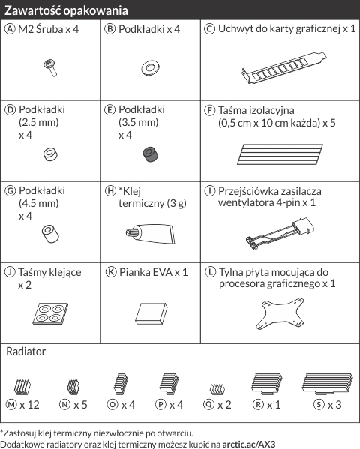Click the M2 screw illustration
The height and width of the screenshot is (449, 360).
pos(50,68)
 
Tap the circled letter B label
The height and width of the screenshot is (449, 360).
pos(109,29)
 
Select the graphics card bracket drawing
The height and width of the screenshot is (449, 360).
pos(284,68)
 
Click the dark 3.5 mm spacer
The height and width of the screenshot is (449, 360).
pos(151,154)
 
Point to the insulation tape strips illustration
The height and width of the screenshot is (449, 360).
pos(280,154)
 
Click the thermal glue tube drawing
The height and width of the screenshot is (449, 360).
pos(150,233)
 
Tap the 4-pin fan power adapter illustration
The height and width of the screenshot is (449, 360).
pos(280,233)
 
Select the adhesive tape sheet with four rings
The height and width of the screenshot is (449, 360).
pos(50,313)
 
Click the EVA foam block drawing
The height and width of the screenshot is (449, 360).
pos(151,314)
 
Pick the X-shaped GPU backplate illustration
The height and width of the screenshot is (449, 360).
pos(280,314)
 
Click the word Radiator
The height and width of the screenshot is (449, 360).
pos(25,352)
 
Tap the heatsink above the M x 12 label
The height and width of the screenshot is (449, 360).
pos(22,387)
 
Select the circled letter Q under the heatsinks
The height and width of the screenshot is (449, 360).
pos(208,404)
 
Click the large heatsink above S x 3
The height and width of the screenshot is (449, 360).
pos(327,384)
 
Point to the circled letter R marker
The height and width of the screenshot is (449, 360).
pos(258,404)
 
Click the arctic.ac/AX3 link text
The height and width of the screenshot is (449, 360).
pos(249,445)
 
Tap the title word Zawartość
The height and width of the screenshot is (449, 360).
pos(33,10)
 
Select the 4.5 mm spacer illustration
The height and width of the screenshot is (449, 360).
pos(50,234)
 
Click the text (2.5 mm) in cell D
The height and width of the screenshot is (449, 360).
pos(39,122)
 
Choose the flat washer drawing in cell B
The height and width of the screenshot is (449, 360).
pos(151,68)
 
